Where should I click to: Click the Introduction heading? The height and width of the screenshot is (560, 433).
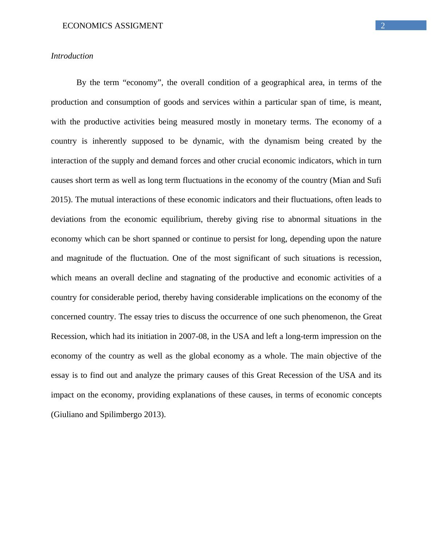tap(72, 56)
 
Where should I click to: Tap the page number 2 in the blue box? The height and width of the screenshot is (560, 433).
tap(383, 26)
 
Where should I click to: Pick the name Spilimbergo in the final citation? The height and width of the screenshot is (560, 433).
tap(121, 415)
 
